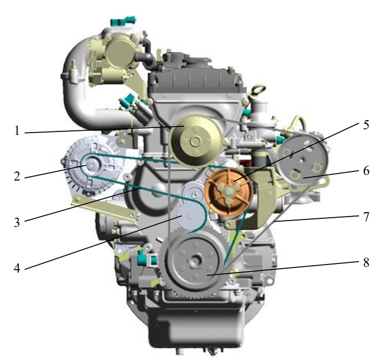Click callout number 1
[x=17, y=130]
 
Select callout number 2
[x=17, y=176]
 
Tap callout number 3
[x=17, y=222]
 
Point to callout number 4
[x=17, y=268]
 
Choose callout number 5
[x=366, y=125]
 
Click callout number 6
[x=366, y=170]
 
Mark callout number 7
[x=366, y=217]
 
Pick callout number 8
[x=366, y=262]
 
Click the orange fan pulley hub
[x=229, y=191]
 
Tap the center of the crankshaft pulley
[x=196, y=261]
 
